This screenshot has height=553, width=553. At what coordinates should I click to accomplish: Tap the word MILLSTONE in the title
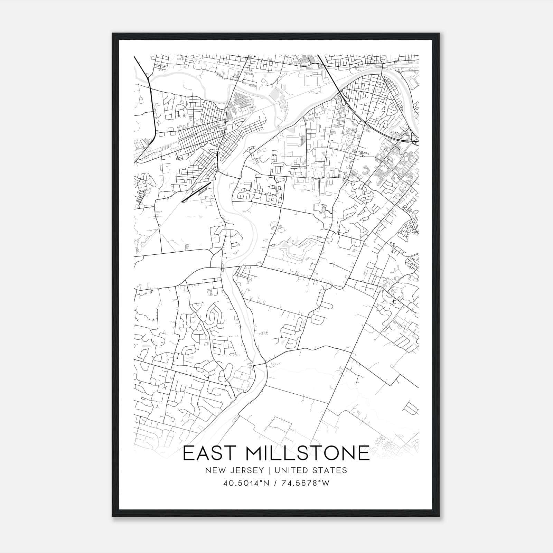307,453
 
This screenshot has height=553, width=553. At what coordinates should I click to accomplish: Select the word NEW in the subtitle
214,470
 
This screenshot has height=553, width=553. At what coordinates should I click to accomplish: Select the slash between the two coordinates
275,483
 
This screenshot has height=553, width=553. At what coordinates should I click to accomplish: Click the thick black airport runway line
196,192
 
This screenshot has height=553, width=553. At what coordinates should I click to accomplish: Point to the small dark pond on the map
322,209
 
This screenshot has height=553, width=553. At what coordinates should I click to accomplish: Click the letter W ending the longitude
326,483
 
